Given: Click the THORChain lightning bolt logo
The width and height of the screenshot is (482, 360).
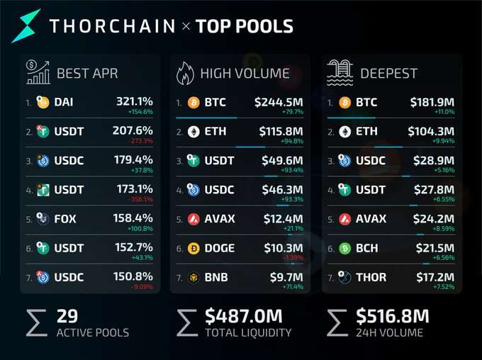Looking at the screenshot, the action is tap(26, 26).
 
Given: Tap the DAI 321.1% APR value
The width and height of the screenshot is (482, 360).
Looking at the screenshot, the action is tap(135, 101).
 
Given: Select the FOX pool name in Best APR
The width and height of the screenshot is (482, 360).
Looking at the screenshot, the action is tap(65, 219).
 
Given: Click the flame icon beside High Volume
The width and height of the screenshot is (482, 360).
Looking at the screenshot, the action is tap(185, 73).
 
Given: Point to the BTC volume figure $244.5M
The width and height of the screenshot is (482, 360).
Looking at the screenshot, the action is tap(279, 102).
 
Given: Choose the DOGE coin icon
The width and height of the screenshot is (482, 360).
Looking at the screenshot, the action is tap(194, 248).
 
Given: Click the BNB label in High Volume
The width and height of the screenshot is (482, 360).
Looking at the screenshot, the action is tap(216, 277).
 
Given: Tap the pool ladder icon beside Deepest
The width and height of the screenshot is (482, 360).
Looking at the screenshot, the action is tap(340, 72).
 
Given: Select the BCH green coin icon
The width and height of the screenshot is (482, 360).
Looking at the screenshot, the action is tap(345, 248).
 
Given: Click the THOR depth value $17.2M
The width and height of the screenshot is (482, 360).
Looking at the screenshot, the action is tap(435, 277).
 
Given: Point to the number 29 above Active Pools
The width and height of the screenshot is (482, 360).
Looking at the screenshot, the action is tap(67, 316).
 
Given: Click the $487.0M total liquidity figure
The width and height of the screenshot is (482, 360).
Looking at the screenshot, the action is tap(243, 316).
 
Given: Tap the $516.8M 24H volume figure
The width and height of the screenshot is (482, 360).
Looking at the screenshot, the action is tap(392, 316).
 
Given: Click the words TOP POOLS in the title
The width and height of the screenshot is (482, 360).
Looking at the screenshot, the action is tap(245, 26).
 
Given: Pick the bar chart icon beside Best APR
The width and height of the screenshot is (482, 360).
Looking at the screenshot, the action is tap(38, 72).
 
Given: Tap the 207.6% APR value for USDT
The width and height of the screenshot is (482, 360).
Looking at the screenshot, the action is tap(133, 130).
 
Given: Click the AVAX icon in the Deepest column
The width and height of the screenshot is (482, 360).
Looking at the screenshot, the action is tap(345, 219).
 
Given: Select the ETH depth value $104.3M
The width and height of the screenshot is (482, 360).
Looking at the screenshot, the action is tap(431, 131).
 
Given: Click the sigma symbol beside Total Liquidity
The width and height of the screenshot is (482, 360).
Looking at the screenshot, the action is tap(187, 323).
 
